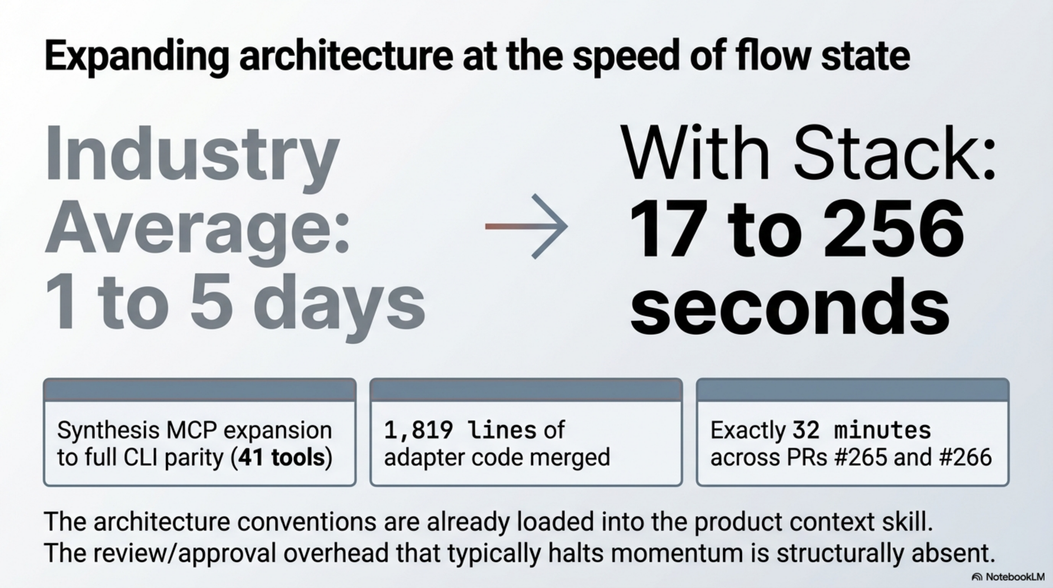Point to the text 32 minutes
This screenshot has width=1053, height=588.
click(x=861, y=431)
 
